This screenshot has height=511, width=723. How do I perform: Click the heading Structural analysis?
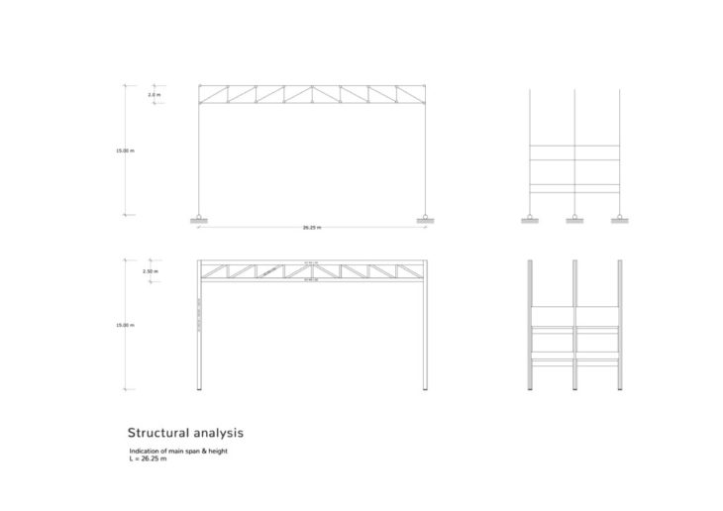185,433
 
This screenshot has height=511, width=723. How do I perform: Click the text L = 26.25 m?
142,459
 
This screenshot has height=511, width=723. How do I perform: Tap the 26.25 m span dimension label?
312,228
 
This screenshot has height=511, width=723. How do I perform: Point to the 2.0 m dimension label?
154,94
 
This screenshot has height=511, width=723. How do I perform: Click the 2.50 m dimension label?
151,271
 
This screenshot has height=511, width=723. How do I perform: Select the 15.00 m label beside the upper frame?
125,151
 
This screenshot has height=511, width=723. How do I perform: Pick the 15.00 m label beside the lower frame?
125,325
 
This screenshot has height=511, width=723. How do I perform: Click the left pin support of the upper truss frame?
199,218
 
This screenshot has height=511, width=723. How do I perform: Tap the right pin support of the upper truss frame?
426,218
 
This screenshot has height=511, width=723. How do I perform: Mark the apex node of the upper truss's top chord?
312,85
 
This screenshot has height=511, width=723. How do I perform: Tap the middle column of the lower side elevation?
574,327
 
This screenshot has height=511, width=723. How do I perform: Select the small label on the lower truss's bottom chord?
312,279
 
